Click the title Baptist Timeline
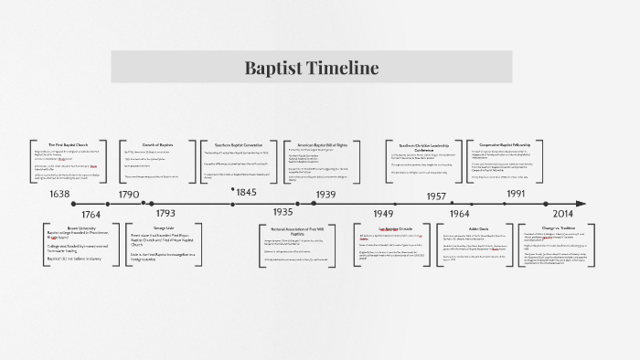pos(311,69)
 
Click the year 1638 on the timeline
pos(60,194)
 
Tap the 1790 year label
pos(129,194)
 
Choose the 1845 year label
pos(246,193)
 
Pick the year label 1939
pos(326,194)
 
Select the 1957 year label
pos(436,196)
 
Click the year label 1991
pos(516,194)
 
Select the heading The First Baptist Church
pos(69,145)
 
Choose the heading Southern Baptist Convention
pos(239,145)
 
